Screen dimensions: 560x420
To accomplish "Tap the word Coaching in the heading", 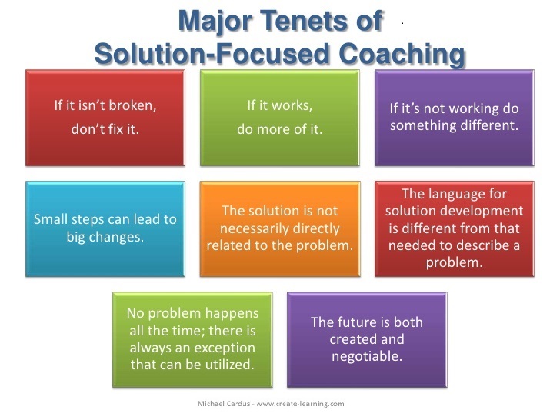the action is coord(402,55).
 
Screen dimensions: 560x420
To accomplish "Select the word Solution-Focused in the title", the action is coord(212,54).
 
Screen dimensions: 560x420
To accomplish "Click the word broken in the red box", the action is coord(132,105).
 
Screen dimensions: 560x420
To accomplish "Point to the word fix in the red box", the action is coord(115,128).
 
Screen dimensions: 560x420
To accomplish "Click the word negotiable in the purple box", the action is coord(367,356).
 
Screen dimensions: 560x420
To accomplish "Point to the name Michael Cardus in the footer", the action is coord(224,404).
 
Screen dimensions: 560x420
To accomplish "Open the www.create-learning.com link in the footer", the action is coord(300,404).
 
